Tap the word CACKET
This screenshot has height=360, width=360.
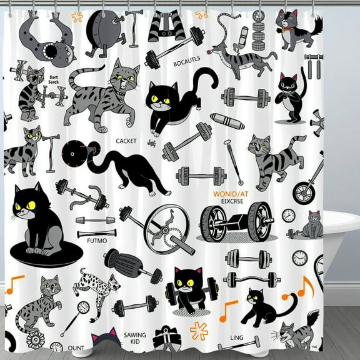point(126,141)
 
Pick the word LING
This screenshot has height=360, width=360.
point(237,337)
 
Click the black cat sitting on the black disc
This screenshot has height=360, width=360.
point(39,221)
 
